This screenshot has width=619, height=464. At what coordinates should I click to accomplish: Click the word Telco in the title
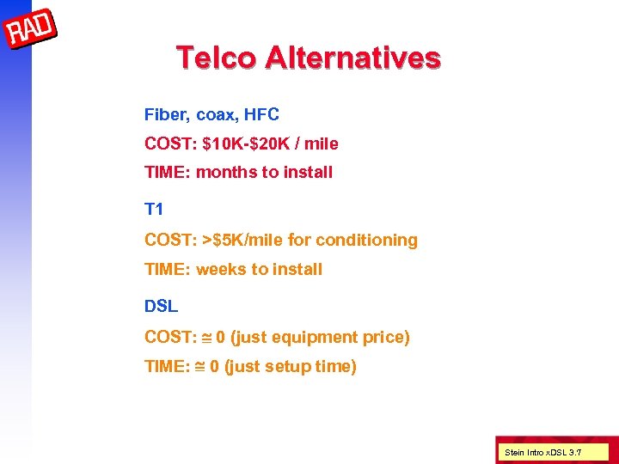click(x=216, y=58)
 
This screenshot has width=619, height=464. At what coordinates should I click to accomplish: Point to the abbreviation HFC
click(x=261, y=114)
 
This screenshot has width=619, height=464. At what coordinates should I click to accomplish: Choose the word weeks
click(x=221, y=269)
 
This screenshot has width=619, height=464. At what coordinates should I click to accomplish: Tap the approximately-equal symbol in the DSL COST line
click(x=207, y=337)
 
